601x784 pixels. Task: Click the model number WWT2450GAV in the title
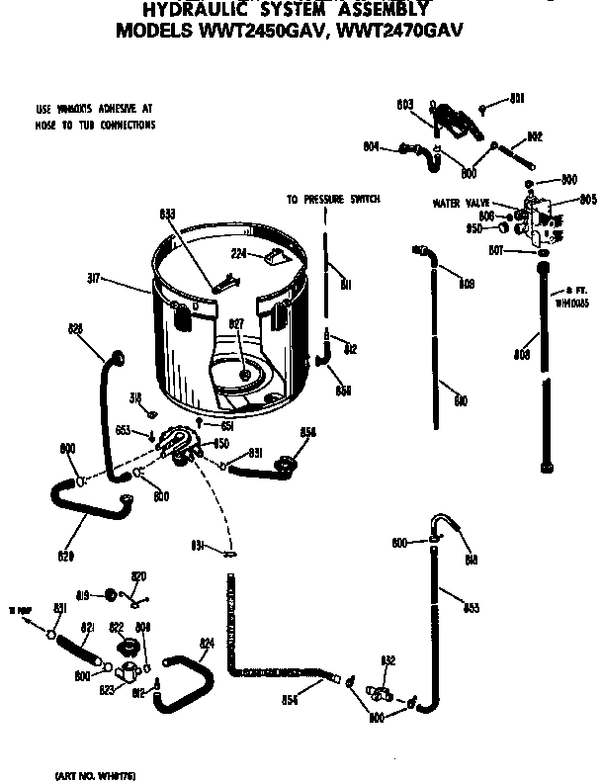256,30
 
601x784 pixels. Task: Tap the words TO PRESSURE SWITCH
333,199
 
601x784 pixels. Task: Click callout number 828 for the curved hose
75,328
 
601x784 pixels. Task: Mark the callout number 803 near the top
404,103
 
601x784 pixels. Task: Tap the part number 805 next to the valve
587,199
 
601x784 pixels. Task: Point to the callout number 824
207,644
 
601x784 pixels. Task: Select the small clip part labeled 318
153,412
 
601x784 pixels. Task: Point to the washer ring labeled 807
543,253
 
